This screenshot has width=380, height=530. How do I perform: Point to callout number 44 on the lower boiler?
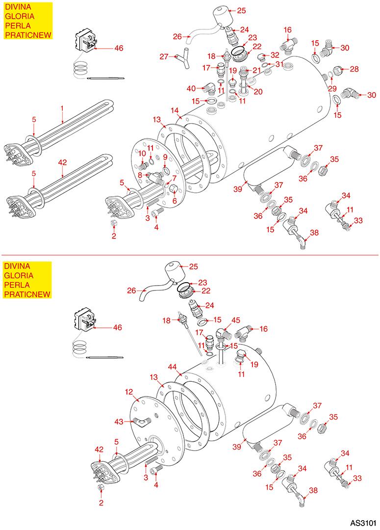[x=172, y=367]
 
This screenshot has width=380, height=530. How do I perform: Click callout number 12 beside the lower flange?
[x=129, y=392]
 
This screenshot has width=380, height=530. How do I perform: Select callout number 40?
[x=191, y=88]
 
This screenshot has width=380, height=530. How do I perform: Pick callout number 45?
[x=236, y=320]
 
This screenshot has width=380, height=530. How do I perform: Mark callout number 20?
[x=258, y=91]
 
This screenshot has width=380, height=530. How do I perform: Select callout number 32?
[x=275, y=55]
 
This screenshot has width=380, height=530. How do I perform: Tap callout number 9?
[x=165, y=157]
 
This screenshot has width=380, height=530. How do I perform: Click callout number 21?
[x=257, y=70]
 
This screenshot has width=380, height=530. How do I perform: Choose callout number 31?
[x=278, y=64]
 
